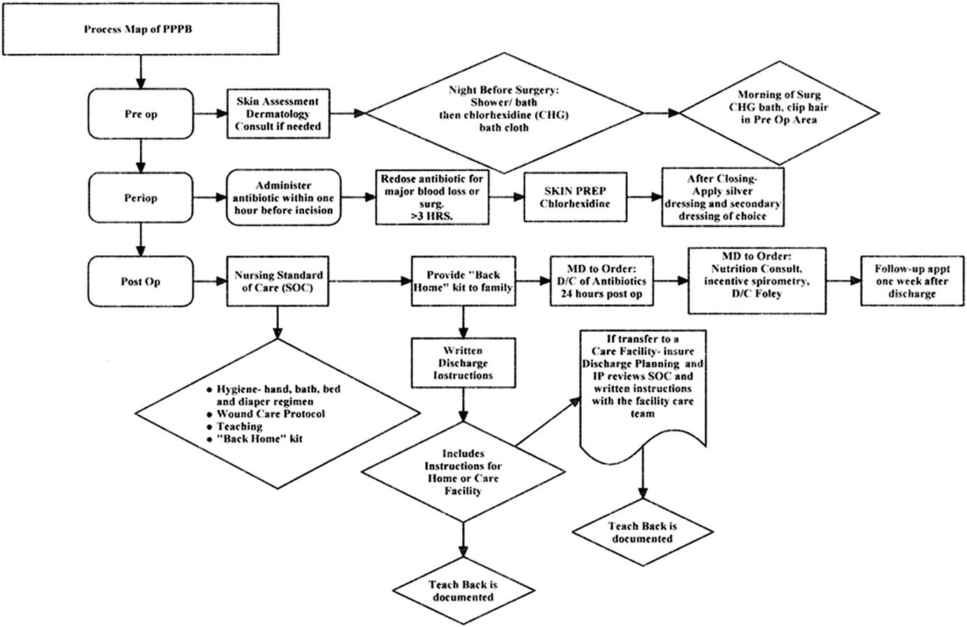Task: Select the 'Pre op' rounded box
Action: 141,114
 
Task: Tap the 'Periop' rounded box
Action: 141,198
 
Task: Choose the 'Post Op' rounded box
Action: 141,281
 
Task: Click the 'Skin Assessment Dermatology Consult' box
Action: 278,114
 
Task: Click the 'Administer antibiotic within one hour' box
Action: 284,198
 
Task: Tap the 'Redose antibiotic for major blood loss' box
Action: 431,198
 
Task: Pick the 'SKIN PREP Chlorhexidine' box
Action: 575,198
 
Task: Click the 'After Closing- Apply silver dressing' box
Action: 722,197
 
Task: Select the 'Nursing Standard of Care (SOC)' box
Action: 278,281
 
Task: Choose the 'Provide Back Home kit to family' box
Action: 463,281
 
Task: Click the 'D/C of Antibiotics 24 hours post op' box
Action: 602,281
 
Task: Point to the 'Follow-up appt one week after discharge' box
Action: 912,281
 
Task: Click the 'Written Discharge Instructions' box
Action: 463,363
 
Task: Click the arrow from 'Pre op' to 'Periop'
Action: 141,154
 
